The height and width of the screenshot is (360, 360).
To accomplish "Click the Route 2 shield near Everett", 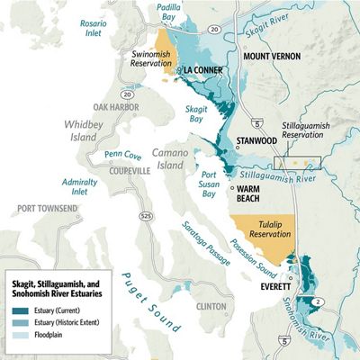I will click(x=319, y=264).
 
